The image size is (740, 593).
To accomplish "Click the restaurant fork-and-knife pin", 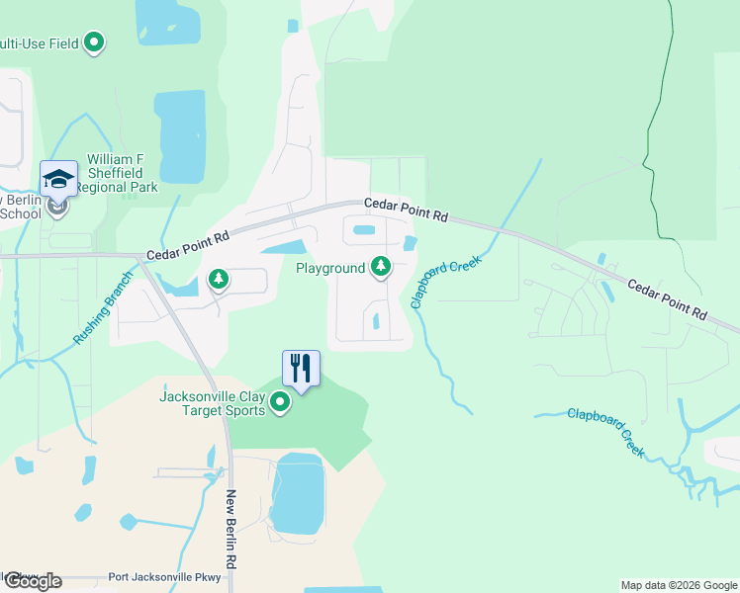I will tap(301, 369).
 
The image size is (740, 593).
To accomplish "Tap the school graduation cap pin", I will tap(58, 179).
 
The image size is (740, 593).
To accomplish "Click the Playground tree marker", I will tap(380, 267).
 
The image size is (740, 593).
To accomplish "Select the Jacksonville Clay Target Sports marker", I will tap(280, 402).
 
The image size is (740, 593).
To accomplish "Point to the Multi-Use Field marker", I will tap(95, 42).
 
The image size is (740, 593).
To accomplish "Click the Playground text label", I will tap(330, 268).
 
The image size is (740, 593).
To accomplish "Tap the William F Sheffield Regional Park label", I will tap(123, 173).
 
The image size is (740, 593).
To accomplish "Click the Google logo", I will tap(32, 581).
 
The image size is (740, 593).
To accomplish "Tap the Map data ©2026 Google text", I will tap(679, 585).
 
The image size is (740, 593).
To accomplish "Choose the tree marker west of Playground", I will tap(219, 281).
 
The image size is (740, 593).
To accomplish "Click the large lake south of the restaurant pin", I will tap(297, 494).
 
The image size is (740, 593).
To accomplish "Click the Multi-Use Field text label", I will tap(40, 43).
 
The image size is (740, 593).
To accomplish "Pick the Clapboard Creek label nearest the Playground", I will tap(444, 282).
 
